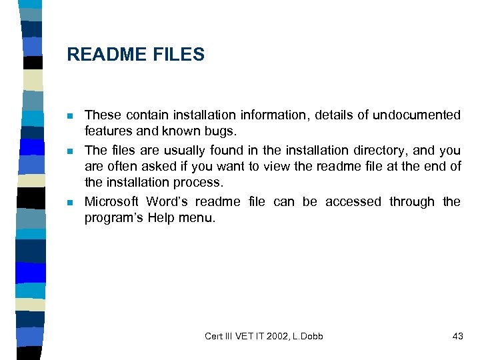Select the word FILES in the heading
click(179, 55)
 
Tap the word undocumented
click(417, 115)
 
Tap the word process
click(198, 181)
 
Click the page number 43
click(457, 336)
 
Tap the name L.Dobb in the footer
click(307, 336)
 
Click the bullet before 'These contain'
click(71, 116)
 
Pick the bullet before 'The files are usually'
click(71, 151)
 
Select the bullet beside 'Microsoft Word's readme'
click(71, 202)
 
